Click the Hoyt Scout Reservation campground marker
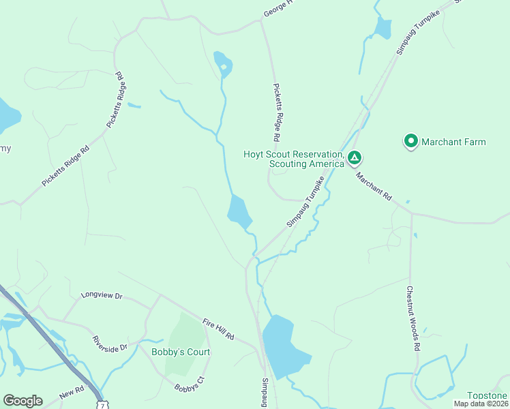[x=354, y=159]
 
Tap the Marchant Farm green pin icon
[x=410, y=141]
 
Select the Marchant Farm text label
[x=453, y=142]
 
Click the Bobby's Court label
[x=181, y=352]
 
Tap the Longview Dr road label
[x=101, y=296]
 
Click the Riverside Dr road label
[x=110, y=343]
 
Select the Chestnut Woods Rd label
[x=413, y=318]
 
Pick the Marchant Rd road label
[x=374, y=185]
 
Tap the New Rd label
[x=70, y=395]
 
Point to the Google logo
[x=22, y=401]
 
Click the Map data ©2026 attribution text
[x=481, y=404]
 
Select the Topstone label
[x=487, y=395]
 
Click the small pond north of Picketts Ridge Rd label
[x=224, y=63]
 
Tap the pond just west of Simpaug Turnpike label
[x=239, y=212]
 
